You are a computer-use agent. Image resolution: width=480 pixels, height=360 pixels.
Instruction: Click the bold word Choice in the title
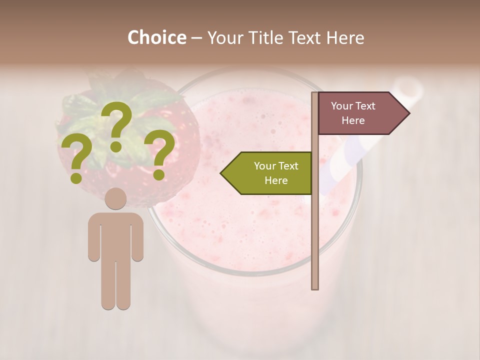pos(156,37)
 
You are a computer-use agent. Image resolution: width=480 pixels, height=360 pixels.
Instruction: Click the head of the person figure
pos(115,198)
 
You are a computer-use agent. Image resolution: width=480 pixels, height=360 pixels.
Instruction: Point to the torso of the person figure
pos(115,235)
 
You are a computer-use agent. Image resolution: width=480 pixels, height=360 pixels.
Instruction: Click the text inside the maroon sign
pos(353,113)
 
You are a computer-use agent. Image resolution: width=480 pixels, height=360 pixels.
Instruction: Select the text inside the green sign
pos(276,173)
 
